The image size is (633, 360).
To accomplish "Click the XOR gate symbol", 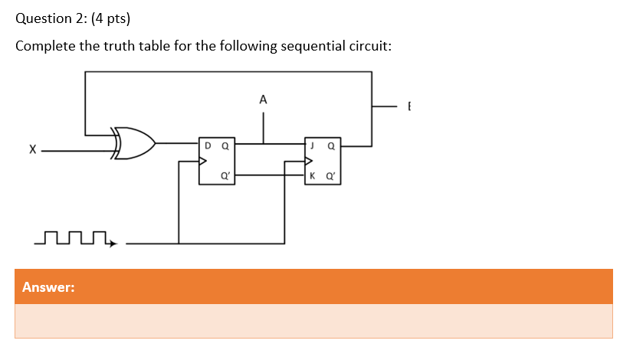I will click(134, 142).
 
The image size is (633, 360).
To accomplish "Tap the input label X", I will click(31, 151).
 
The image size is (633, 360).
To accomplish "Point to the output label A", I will click(263, 100).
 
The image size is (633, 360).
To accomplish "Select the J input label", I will click(312, 145).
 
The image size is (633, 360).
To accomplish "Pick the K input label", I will click(312, 175).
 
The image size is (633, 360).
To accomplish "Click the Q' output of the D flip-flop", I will click(224, 175).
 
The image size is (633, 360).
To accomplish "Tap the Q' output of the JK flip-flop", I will click(330, 175).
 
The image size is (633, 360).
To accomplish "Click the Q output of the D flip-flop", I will click(225, 145).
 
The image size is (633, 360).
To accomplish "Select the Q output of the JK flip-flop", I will click(330, 145).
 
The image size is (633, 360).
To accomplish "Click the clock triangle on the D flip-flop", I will click(203, 162).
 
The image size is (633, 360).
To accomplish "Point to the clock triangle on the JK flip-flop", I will click(309, 162).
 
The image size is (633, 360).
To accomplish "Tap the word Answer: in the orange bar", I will click(48, 287).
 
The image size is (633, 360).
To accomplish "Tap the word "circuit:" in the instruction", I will click(363, 47).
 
